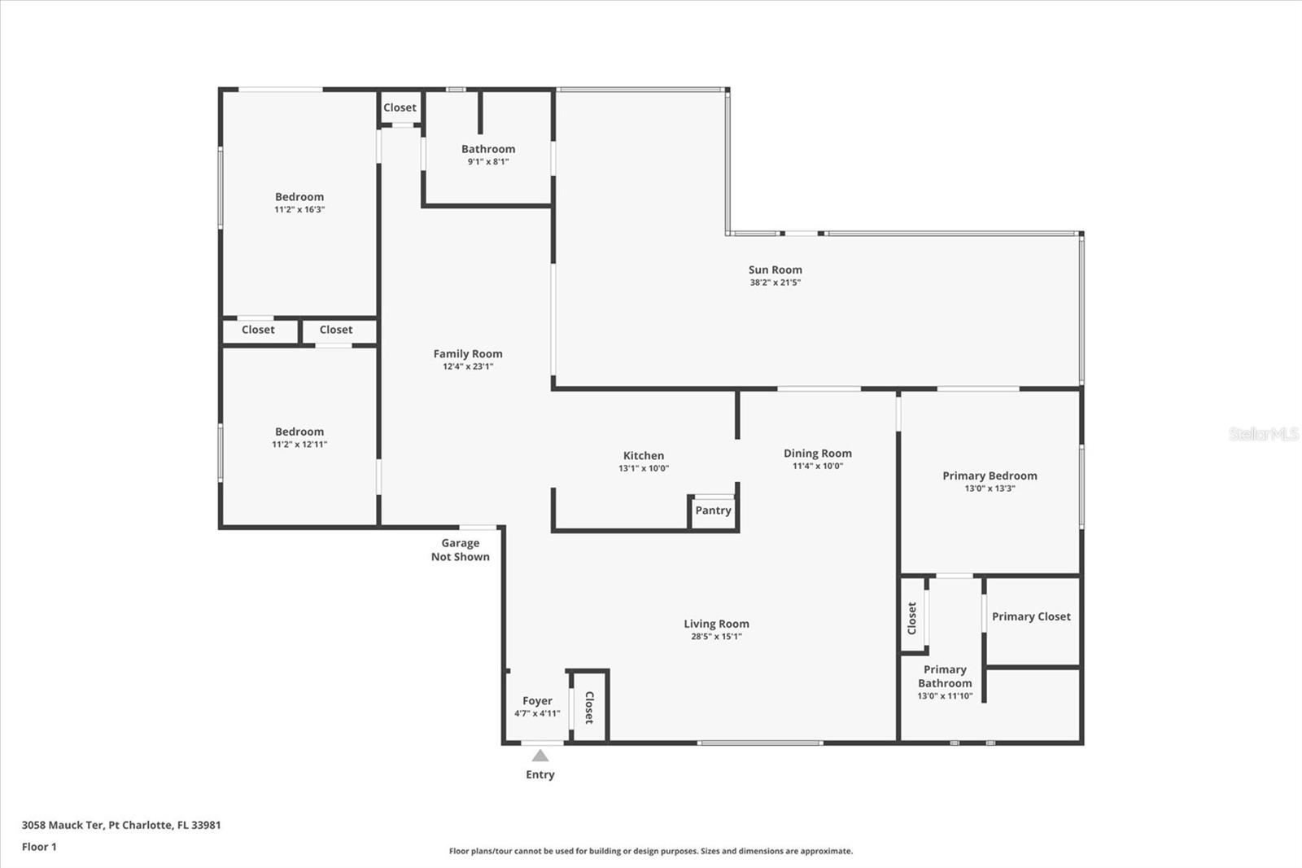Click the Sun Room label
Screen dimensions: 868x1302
775,270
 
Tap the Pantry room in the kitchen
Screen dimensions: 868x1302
713,511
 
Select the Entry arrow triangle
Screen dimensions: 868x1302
540,756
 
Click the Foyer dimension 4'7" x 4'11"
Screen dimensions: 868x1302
537,713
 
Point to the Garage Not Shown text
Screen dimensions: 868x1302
461,550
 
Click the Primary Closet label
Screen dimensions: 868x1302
1031,616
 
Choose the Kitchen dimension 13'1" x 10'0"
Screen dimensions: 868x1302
643,468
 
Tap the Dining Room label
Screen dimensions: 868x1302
817,454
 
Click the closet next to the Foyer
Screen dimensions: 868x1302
589,707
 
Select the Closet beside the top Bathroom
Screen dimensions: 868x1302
400,107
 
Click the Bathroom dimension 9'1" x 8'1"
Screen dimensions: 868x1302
488,161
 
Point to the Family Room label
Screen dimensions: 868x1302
468,353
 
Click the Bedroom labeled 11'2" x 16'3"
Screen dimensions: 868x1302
299,197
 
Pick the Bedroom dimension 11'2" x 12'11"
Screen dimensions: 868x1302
299,445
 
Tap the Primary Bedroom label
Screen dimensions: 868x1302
990,476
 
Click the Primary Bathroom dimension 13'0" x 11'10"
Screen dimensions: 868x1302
945,696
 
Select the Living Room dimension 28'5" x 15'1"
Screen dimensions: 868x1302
716,637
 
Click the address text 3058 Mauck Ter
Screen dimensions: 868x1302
63,825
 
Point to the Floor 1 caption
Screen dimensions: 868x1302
39,847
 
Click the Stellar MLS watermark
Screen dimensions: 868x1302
1263,434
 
